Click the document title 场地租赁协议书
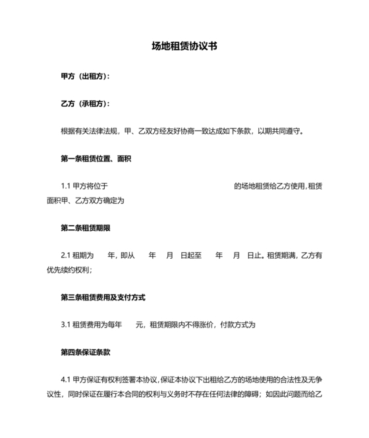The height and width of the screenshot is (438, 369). click(x=184, y=47)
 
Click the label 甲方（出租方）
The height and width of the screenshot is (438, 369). click(x=85, y=77)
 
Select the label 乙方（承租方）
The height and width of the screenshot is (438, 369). click(x=85, y=104)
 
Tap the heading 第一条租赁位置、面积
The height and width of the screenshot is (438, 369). click(x=96, y=158)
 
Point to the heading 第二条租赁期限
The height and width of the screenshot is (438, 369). click(x=85, y=228)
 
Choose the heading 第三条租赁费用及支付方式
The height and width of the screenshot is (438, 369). click(x=103, y=297)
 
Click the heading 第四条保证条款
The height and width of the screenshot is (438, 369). click(x=85, y=352)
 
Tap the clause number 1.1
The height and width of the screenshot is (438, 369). click(x=65, y=186)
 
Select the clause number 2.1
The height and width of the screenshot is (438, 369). click(x=65, y=256)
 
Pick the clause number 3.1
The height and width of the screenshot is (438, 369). click(x=65, y=325)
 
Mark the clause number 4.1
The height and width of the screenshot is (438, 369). click(x=65, y=379)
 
